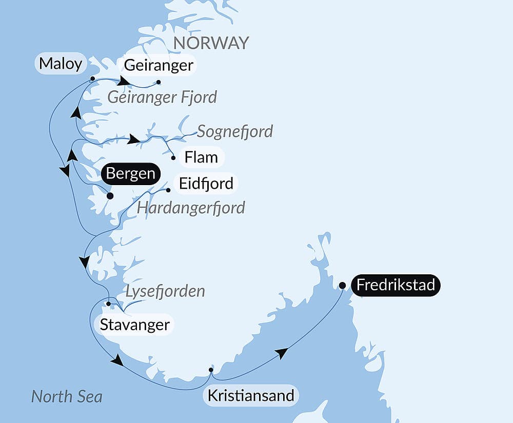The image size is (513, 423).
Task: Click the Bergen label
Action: (130, 173)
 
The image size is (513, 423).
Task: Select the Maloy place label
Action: (61, 64)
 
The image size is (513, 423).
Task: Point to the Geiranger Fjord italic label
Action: (162, 96)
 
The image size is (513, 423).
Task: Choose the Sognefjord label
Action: (235, 131)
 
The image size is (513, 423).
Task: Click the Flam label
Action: (201, 157)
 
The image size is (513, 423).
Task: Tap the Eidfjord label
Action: (207, 183)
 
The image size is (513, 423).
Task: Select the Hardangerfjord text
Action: (191, 208)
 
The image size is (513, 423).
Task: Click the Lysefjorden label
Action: (165, 291)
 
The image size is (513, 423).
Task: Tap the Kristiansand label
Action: (250, 395)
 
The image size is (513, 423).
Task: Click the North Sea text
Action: (67, 396)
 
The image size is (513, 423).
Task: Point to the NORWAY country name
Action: (211, 43)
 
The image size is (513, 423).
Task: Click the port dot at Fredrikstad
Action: (342, 285)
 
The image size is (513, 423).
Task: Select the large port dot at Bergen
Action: (109, 195)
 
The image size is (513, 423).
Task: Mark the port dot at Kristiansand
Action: (211, 370)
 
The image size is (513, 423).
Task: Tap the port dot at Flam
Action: (173, 158)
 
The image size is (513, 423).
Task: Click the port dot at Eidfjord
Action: (168, 190)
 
